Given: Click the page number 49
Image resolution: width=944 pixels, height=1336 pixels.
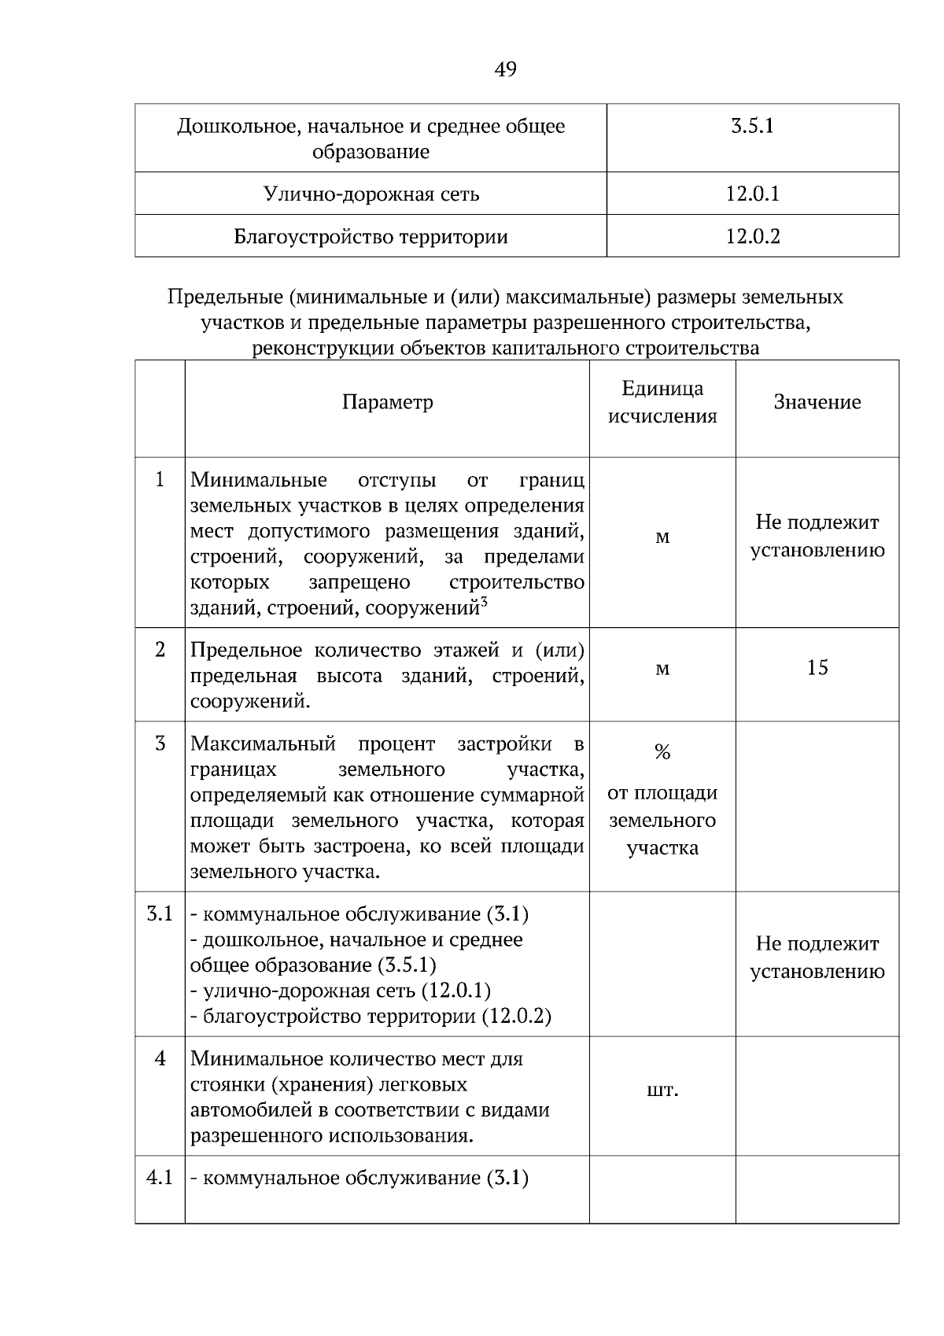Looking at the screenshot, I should tap(505, 70).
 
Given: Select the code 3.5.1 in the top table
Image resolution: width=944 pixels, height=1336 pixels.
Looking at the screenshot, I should tap(752, 126).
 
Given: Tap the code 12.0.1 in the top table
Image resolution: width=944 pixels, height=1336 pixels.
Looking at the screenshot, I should tap(752, 194).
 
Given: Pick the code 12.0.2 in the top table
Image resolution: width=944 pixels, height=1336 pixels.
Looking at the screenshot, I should tap(752, 236).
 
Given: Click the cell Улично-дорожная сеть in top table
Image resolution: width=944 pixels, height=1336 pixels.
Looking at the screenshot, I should tap(371, 194).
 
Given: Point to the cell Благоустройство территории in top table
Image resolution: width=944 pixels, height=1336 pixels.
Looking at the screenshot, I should tap(371, 236).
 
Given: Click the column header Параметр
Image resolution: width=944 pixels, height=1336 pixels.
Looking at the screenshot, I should tap(387, 402).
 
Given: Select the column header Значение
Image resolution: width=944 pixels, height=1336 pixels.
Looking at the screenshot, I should tap(817, 402).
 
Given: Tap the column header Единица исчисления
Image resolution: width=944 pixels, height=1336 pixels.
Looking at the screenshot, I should tap(662, 402).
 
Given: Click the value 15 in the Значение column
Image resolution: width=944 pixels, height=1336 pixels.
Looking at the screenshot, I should tap(817, 668).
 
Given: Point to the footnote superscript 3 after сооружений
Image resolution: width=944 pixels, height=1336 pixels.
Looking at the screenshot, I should tap(485, 602).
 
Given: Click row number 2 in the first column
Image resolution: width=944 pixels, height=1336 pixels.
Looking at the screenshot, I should tap(160, 650).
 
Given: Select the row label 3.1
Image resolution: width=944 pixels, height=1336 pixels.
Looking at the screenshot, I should tap(160, 914).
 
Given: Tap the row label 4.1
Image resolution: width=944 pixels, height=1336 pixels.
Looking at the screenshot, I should tap(160, 1178).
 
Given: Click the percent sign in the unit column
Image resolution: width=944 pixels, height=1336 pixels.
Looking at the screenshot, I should tap(662, 753).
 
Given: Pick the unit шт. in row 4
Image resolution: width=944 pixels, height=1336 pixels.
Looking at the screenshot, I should tap(662, 1091).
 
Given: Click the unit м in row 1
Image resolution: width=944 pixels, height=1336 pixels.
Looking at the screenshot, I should tap(662, 537).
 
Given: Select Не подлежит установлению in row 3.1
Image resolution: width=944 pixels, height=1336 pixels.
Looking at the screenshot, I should tap(817, 957).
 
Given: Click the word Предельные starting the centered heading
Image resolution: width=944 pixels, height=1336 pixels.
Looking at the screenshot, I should tap(223, 297).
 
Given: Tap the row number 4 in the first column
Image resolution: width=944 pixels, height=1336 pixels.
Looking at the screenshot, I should tap(160, 1059).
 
